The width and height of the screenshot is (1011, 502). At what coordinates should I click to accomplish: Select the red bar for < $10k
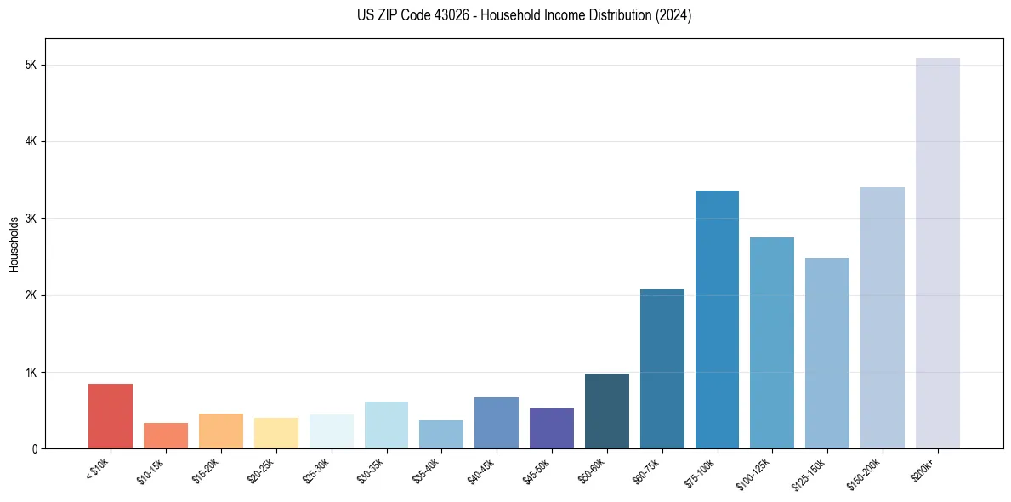coord(111,416)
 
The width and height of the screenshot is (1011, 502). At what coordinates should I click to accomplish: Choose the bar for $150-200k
coord(883,318)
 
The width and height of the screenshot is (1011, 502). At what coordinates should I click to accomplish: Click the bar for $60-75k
coord(662,369)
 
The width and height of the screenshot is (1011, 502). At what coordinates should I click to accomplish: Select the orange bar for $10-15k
coord(166,436)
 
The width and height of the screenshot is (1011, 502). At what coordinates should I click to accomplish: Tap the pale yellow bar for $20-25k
coord(275,433)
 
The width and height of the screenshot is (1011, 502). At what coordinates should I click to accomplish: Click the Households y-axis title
coord(14,244)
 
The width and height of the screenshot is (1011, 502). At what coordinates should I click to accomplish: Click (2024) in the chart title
coord(672,15)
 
